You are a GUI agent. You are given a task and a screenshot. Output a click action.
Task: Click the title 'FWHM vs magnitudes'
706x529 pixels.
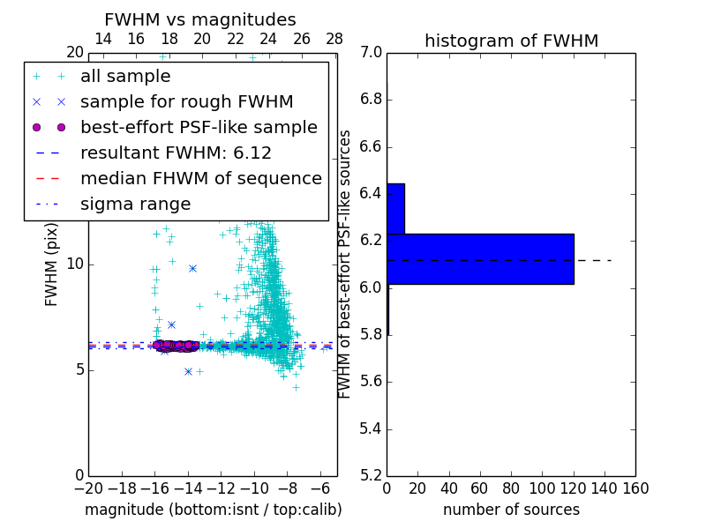(200, 19)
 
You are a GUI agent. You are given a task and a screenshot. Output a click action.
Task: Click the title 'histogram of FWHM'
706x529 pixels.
(511, 41)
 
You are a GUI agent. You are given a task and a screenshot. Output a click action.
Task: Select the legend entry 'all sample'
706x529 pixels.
(125, 77)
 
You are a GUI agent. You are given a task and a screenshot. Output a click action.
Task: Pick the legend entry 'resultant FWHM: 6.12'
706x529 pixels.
(176, 153)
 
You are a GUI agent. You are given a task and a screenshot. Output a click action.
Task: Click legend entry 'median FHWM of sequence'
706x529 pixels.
(200, 178)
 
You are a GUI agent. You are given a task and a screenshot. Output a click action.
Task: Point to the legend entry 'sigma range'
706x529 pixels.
(135, 204)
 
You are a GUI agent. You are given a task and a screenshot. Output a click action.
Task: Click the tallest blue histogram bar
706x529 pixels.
(480, 258)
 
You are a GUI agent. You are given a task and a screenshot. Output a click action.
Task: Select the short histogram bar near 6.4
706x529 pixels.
(395, 209)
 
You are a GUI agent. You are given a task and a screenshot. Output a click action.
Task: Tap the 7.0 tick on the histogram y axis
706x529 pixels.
(371, 52)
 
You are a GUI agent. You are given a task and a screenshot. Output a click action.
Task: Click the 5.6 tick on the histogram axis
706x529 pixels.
(371, 382)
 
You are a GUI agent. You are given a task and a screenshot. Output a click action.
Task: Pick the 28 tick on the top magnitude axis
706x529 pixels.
(335, 39)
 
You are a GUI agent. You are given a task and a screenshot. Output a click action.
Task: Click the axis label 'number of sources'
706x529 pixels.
(511, 510)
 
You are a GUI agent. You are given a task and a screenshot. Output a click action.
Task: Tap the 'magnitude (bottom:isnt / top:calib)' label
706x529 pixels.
(213, 510)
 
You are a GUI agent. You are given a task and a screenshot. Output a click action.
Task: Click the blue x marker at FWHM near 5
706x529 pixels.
(188, 371)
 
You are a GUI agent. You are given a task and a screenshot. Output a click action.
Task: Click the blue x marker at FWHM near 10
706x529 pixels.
(192, 268)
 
